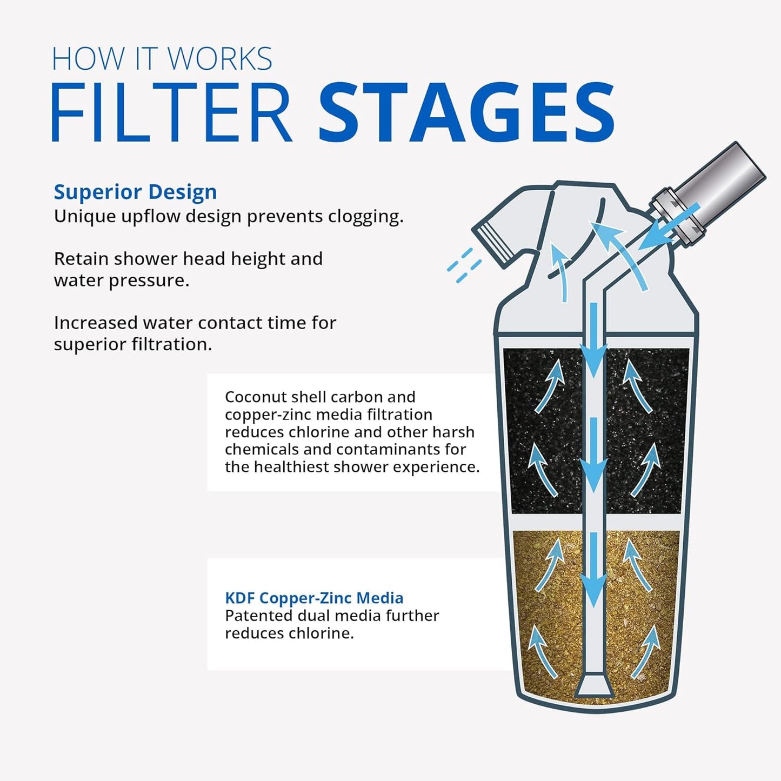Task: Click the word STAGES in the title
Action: [x=466, y=112]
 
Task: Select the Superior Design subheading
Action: [x=135, y=192]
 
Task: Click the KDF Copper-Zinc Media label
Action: [x=314, y=598]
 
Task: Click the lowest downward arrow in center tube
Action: [x=593, y=573]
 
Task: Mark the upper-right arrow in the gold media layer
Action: [x=638, y=565]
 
